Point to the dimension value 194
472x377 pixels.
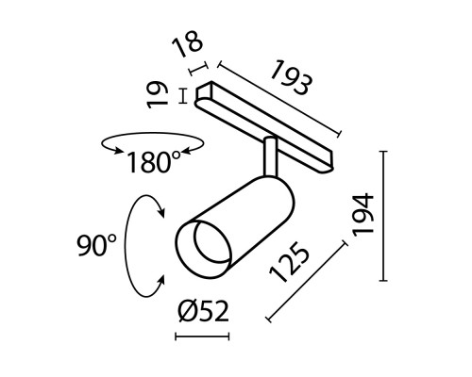pyautogui.click(x=364, y=214)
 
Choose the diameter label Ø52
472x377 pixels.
pyautogui.click(x=203, y=312)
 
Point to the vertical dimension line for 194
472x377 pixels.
pyautogui.click(x=383, y=214)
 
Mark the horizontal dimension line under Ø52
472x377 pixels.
pyautogui.click(x=202, y=336)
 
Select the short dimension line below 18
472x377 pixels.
pyautogui.click(x=199, y=69)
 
